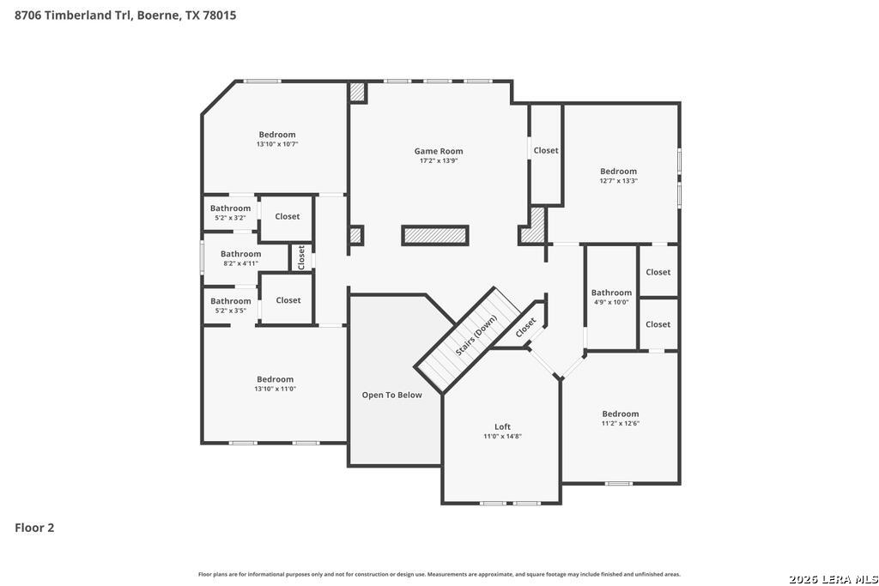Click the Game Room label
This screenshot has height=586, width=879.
pyautogui.click(x=439, y=151)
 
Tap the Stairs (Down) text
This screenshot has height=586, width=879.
pyautogui.click(x=476, y=335)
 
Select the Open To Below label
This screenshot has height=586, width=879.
pyautogui.click(x=391, y=395)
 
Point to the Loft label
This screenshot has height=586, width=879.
pyautogui.click(x=502, y=426)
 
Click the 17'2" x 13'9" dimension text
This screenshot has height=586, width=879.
pyautogui.click(x=439, y=160)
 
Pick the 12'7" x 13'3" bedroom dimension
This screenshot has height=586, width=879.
pyautogui.click(x=619, y=181)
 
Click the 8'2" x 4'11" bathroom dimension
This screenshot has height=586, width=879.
pyautogui.click(x=240, y=263)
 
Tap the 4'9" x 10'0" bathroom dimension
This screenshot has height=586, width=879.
pyautogui.click(x=611, y=302)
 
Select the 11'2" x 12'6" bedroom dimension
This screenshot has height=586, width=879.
pyautogui.click(x=621, y=424)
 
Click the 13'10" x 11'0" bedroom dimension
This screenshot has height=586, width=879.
pyautogui.click(x=276, y=389)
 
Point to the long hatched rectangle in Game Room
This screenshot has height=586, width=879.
pyautogui.click(x=435, y=235)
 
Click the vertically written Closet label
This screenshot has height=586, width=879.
pyautogui.click(x=301, y=257)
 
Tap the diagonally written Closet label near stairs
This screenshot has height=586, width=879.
pyautogui.click(x=526, y=328)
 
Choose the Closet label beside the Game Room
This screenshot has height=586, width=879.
pyautogui.click(x=546, y=150)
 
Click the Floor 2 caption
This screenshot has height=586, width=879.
pyautogui.click(x=34, y=528)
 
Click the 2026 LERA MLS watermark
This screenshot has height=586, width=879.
pyautogui.click(x=833, y=579)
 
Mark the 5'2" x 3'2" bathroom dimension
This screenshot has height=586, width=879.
pyautogui.click(x=230, y=218)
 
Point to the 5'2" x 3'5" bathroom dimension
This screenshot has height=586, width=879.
pyautogui.click(x=231, y=311)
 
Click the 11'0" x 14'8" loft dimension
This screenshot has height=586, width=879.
pyautogui.click(x=503, y=437)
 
